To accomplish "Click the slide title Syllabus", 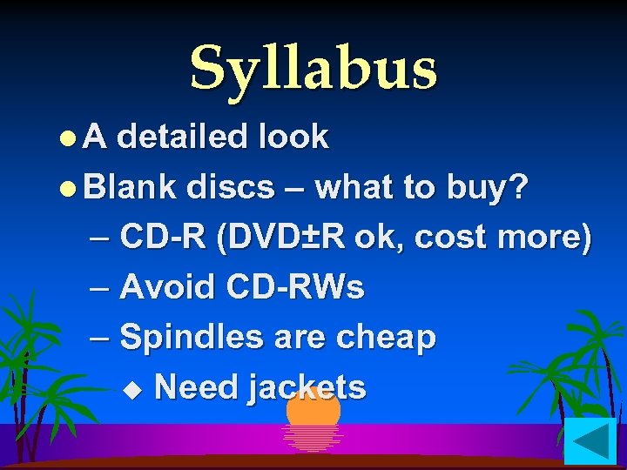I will click(313, 68).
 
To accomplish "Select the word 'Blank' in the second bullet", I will click(131, 185).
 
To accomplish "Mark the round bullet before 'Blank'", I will click(71, 187).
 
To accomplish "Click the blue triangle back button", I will click(590, 441).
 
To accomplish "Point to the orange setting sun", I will click(313, 409).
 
